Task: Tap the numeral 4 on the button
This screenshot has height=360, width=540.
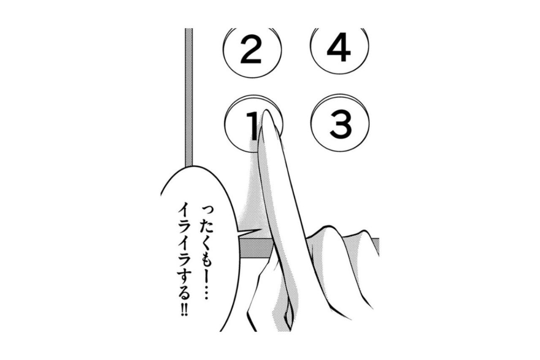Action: (339, 47)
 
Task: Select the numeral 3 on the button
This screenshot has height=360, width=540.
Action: (341, 125)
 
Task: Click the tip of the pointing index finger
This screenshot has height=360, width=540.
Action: (266, 111)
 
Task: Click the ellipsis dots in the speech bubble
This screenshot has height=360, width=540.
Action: (206, 291)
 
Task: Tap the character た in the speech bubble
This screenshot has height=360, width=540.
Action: (206, 226)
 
